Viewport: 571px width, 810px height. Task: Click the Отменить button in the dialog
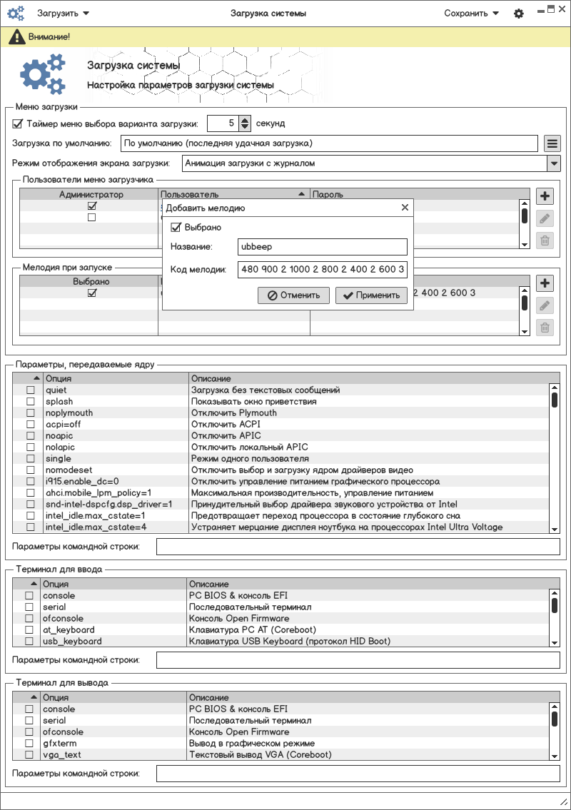pyautogui.click(x=293, y=295)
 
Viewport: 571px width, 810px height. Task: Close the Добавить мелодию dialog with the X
pyautogui.click(x=405, y=208)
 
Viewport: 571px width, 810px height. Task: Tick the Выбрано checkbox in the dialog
pyautogui.click(x=176, y=227)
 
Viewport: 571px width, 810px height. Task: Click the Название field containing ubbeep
pyautogui.click(x=322, y=247)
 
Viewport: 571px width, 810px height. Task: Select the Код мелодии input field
pyautogui.click(x=322, y=270)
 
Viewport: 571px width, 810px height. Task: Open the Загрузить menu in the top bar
pyautogui.click(x=63, y=13)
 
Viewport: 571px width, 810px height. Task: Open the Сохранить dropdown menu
pyautogui.click(x=471, y=13)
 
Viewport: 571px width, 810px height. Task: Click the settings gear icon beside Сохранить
pyautogui.click(x=519, y=14)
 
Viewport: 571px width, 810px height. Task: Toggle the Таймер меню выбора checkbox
pyautogui.click(x=18, y=123)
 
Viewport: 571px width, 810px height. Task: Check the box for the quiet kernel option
pyautogui.click(x=31, y=390)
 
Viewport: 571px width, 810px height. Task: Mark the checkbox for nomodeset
pyautogui.click(x=31, y=470)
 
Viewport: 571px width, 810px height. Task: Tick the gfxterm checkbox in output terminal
pyautogui.click(x=29, y=743)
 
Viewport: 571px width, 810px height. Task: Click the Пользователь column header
pyautogui.click(x=228, y=194)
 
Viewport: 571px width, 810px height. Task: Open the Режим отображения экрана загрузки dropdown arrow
pyautogui.click(x=553, y=163)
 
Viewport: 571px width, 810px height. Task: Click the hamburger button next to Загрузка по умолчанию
pyautogui.click(x=552, y=143)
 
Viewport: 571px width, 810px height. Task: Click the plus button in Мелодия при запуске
pyautogui.click(x=545, y=283)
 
